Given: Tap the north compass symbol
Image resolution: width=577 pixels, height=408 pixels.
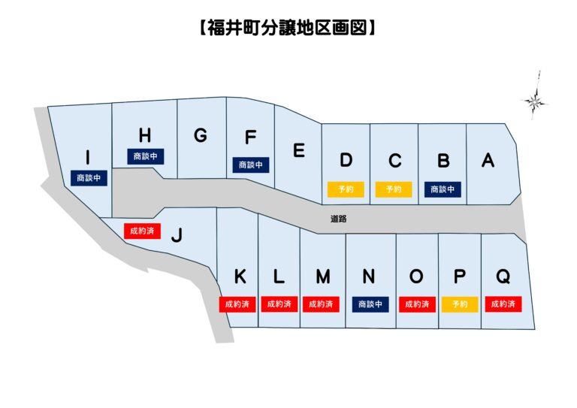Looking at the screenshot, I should pos(536,100).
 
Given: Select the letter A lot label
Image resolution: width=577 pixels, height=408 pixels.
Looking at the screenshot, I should pos(488,159).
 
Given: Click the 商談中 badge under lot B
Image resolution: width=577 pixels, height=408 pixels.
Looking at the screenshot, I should pos(443,189).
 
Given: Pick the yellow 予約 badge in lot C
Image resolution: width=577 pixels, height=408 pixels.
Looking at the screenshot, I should pos(394,189).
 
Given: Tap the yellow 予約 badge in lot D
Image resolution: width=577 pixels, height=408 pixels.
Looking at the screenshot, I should pos(346,189).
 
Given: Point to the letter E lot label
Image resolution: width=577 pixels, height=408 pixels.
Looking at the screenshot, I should pos(299,151).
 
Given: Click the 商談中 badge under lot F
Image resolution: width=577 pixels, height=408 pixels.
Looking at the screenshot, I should pos(251,165).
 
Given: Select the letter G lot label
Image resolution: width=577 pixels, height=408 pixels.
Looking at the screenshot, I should pos(200,136).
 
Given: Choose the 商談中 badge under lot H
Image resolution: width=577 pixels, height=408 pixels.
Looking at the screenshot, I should pos(145,156).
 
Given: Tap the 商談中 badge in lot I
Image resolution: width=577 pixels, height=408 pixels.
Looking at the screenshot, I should pos(88,178).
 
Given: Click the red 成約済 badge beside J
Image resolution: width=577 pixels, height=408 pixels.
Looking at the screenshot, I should pos(142,230).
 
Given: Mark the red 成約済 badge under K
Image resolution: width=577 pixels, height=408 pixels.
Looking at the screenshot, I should pos(238,304).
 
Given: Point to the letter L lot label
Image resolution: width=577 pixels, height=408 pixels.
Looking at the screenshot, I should pos(279,277).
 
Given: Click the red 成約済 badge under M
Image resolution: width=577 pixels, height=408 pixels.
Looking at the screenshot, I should pos(322,304).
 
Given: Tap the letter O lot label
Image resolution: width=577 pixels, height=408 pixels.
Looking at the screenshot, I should pos(416,277).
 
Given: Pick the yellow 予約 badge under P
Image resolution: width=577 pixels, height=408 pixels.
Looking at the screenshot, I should pos(460,304).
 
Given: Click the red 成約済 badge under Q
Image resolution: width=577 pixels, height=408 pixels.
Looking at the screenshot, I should pos(503,304).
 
